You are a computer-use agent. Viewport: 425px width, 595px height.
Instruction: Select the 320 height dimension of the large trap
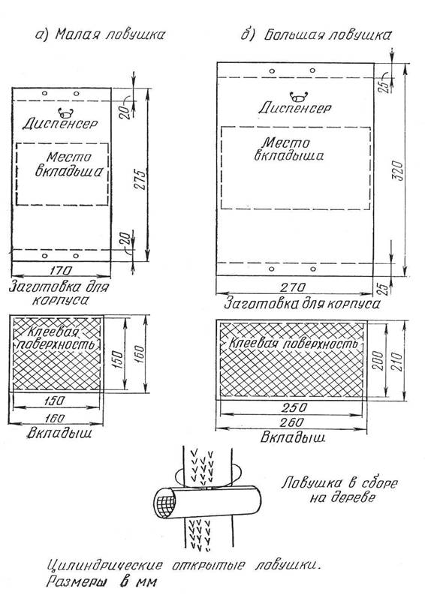[x=398, y=170]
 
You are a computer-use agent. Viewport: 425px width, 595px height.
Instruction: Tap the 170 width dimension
[x=61, y=270]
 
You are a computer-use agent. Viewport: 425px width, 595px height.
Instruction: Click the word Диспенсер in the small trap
[x=60, y=123]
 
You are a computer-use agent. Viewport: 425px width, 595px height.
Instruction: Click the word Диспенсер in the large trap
[x=295, y=108]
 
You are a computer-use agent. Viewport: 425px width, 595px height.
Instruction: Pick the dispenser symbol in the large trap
[x=299, y=96]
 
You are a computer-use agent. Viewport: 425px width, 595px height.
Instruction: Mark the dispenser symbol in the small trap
[x=66, y=113]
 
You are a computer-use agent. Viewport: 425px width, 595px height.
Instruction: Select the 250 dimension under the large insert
[x=294, y=407]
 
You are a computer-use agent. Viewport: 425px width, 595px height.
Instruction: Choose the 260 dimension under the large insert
[x=293, y=422]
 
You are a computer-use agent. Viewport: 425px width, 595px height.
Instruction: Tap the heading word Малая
[x=77, y=35]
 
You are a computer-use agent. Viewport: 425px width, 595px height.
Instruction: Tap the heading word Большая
[x=294, y=35]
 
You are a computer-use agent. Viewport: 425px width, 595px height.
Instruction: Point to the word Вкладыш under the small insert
[x=59, y=434]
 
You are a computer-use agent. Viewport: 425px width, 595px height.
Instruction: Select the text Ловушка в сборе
[x=339, y=483]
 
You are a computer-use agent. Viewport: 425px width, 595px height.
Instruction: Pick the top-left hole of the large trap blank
[x=272, y=71]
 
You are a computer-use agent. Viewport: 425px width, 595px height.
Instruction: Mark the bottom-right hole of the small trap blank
[x=76, y=256]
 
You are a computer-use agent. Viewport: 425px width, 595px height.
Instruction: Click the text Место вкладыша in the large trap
[x=288, y=149]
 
